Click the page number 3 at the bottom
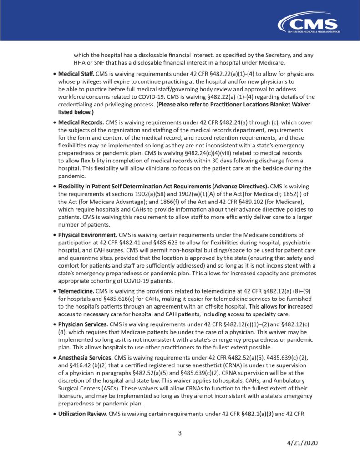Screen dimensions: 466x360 pos(180,433)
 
